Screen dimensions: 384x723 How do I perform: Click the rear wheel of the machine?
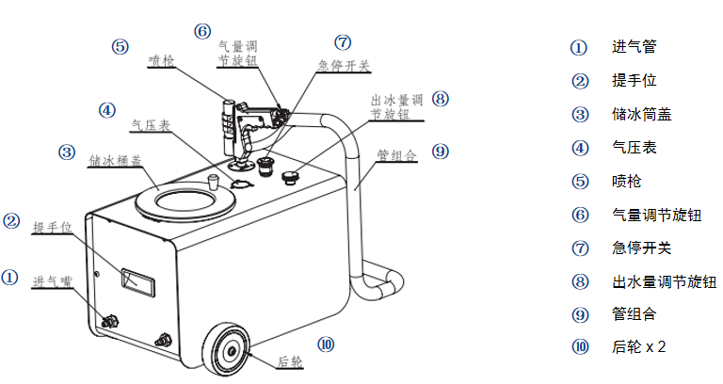click(x=225, y=351)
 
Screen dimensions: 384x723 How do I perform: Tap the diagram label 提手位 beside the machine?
click(x=51, y=228)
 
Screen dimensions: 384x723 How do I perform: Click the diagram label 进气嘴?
click(x=52, y=281)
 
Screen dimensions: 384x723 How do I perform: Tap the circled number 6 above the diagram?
click(x=202, y=30)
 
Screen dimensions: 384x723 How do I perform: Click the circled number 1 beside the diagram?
click(x=9, y=279)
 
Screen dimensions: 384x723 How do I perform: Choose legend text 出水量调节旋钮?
click(x=656, y=281)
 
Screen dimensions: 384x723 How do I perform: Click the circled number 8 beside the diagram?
click(x=441, y=99)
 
